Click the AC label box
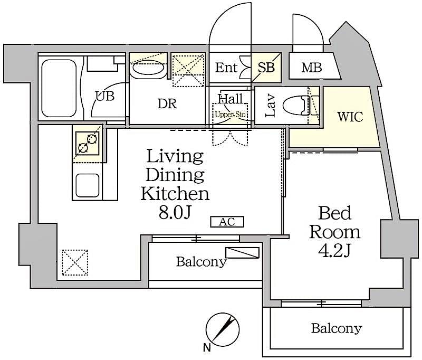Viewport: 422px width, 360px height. coord(227,222)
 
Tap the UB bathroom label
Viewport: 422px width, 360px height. coord(104,96)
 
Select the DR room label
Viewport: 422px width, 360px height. coord(167,104)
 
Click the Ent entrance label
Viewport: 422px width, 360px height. coord(226,68)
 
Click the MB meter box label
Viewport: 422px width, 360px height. coord(312,68)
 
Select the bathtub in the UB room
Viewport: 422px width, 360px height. coord(59,89)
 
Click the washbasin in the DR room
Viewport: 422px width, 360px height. coord(148,69)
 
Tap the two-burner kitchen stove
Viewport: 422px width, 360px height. coord(88,143)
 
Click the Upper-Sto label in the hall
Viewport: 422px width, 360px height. coord(230,115)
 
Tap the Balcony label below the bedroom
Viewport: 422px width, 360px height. coord(336,328)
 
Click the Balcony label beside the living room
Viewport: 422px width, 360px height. coord(201,261)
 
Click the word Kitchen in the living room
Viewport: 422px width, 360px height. coord(175,193)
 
